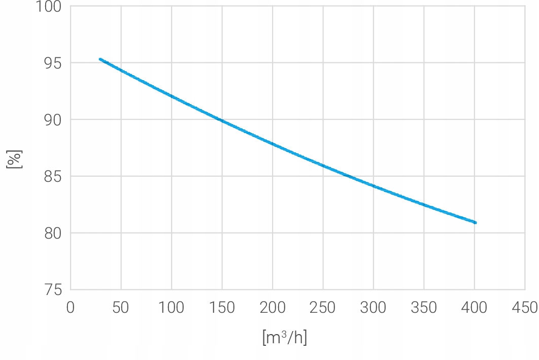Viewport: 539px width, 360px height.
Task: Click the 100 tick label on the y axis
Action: tap(49, 7)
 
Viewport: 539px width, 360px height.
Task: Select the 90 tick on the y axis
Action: tap(52, 120)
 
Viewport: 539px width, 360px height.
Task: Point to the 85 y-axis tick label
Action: tap(52, 177)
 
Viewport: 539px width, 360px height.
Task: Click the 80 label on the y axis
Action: tap(52, 233)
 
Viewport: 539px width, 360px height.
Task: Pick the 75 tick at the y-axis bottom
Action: tap(52, 290)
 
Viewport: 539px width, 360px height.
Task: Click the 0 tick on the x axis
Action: tap(70, 307)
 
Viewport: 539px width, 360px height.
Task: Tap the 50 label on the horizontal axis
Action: tap(121, 307)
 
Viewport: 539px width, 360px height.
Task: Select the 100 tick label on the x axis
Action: tap(171, 307)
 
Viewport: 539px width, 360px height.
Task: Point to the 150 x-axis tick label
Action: tap(222, 307)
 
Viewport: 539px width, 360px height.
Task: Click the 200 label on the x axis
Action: tap(272, 307)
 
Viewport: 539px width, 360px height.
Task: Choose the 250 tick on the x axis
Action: tap(323, 307)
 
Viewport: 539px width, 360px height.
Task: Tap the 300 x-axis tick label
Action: tap(373, 307)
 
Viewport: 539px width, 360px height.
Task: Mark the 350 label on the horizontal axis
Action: tap(424, 307)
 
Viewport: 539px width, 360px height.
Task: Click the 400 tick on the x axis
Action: tap(474, 307)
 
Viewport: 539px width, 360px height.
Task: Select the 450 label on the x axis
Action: tap(524, 307)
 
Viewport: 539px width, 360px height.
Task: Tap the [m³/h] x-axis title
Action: tap(285, 338)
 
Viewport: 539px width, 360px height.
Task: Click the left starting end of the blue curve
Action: tap(100, 59)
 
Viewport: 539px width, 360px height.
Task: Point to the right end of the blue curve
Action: tap(475, 222)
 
